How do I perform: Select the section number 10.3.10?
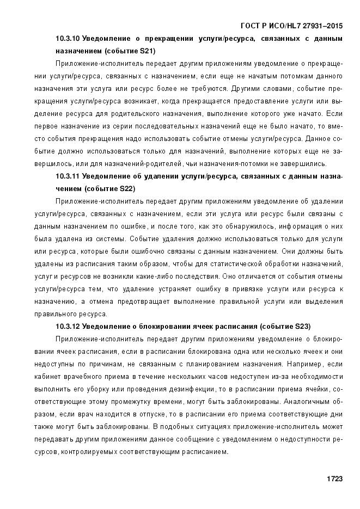[68, 39]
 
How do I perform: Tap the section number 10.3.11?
[68, 176]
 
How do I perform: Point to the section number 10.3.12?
[68, 327]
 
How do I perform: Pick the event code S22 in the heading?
[126, 189]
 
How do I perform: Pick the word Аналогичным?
[307, 402]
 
